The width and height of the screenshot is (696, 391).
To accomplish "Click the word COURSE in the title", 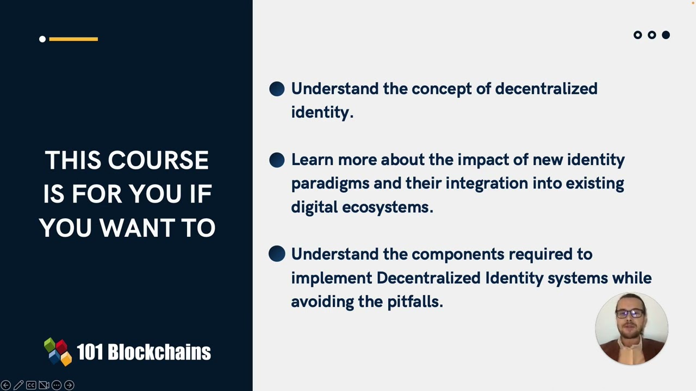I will coord(158,161).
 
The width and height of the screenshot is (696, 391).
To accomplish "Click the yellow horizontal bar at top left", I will coord(73,39).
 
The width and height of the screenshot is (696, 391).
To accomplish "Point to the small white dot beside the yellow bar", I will coord(42,39).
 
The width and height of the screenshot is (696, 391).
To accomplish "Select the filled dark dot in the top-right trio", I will coord(666,35).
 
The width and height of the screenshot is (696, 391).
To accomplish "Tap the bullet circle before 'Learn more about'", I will coord(277,160).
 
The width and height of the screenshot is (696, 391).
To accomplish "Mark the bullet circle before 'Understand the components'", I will coord(277,254).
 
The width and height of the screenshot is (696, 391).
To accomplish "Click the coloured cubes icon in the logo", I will coord(58,352).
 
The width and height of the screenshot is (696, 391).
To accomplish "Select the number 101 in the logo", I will coord(90,352).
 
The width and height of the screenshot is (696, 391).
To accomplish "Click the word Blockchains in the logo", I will coord(159,352).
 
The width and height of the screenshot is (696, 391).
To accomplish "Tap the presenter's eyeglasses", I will coord(630,313).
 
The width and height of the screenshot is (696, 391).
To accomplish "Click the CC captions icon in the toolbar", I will coord(31,385).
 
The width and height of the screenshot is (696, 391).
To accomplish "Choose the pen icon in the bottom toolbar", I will coord(18,385).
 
